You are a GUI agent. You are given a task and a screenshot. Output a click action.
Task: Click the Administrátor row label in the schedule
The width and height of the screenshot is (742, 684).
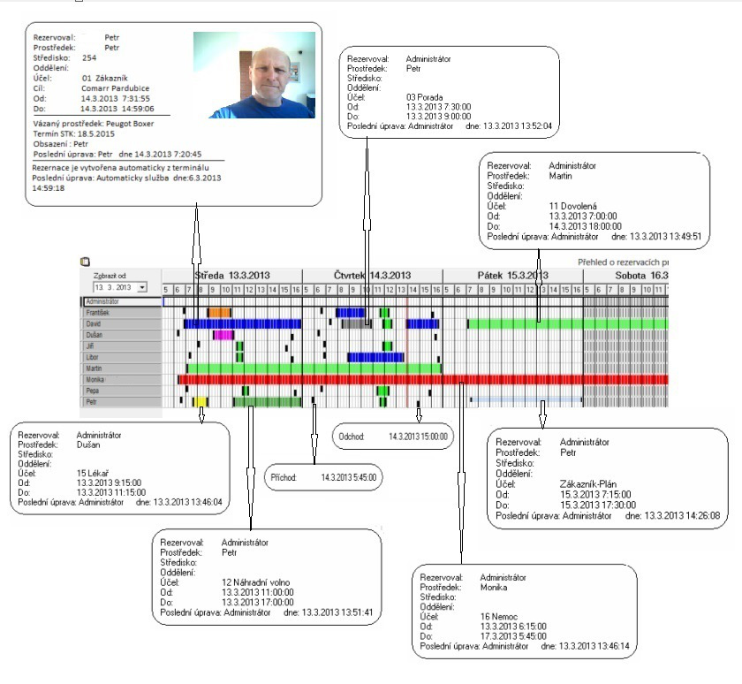(103, 302)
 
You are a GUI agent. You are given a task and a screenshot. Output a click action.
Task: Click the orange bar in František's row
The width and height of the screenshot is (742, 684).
(219, 313)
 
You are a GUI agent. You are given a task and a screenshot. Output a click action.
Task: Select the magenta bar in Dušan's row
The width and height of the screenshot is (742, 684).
(223, 335)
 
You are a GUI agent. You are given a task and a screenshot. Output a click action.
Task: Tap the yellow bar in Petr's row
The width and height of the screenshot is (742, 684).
(201, 402)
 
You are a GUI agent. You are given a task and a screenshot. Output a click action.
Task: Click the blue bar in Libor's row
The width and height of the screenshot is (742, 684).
(375, 357)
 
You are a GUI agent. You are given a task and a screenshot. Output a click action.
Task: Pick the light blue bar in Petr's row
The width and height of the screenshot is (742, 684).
(526, 400)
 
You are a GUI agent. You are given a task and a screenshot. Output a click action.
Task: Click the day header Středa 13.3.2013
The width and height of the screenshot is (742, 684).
(232, 275)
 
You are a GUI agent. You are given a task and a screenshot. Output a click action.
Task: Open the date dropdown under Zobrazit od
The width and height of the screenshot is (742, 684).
(142, 288)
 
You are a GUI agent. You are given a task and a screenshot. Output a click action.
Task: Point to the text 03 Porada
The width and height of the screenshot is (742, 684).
(425, 96)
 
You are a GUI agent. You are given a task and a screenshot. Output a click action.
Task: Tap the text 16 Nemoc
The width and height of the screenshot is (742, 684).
(499, 615)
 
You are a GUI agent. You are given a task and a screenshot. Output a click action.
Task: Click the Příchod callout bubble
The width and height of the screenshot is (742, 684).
(324, 477)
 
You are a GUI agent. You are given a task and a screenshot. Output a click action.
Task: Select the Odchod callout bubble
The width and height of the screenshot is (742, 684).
(394, 437)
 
